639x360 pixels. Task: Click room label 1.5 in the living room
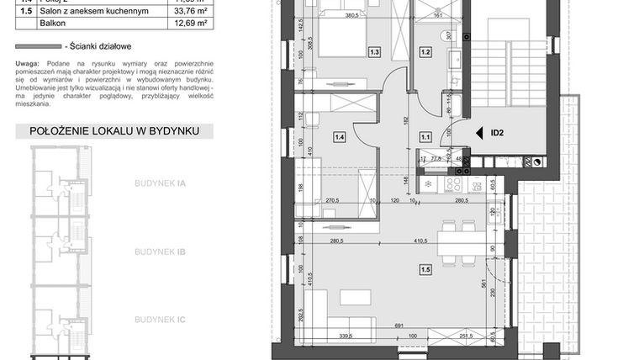(x=425, y=269)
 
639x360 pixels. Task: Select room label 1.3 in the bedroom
(x=375, y=52)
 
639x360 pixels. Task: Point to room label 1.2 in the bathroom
(x=425, y=52)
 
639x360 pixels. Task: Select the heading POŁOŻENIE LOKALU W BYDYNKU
(x=114, y=132)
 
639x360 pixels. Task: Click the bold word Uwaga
(x=29, y=64)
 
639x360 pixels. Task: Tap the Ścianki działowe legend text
(x=104, y=48)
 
